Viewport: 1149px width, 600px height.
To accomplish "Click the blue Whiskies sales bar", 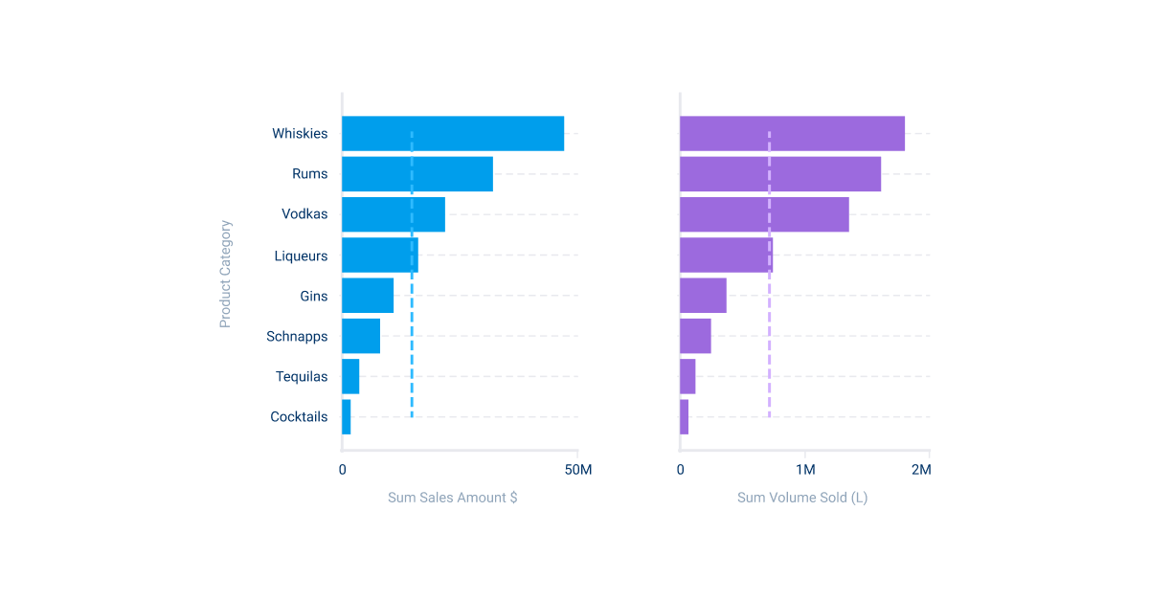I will coord(453,134).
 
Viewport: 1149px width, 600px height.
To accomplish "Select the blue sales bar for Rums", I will coord(417,174).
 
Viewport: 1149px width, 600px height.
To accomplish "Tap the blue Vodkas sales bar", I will coord(394,214).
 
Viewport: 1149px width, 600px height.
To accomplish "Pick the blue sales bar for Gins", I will coord(368,296).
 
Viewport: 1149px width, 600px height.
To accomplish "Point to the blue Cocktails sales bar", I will coord(347,417).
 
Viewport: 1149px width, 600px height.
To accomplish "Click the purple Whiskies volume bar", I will coord(792,134).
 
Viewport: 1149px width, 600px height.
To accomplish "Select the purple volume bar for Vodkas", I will coord(764,214).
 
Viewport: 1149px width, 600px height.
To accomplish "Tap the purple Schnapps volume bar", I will coord(695,336).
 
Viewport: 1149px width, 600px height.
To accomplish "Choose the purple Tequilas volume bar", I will coord(687,376).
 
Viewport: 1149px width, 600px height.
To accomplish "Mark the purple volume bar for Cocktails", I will coord(685,417).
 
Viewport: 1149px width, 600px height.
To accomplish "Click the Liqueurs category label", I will coord(301,256).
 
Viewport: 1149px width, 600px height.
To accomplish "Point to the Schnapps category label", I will coord(297,337).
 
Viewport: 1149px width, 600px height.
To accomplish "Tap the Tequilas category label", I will coord(302,377).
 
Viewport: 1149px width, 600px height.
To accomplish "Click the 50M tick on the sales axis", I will coord(577,470).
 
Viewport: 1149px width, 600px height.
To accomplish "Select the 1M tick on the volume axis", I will coord(805,470).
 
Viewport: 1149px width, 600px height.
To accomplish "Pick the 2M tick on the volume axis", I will coord(920,470).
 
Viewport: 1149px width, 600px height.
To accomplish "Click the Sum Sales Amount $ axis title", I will coord(452,498).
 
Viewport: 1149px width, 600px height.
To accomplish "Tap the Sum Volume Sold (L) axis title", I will coord(802,498).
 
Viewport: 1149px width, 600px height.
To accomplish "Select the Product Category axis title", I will coord(226,275).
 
